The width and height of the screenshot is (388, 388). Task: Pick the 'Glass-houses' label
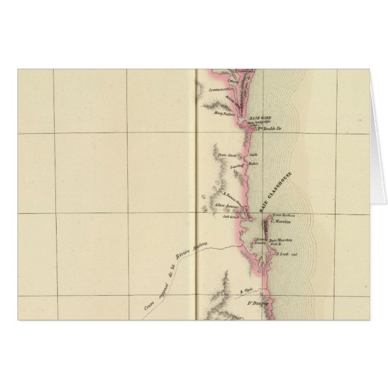(x=227, y=205)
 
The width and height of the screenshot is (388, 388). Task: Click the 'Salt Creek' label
(x=232, y=215)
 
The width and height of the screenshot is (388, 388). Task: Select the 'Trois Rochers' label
(x=282, y=215)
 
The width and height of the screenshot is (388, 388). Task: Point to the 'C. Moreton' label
(x=281, y=221)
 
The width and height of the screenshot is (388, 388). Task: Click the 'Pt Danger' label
(x=258, y=304)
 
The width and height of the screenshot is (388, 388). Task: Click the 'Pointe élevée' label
(x=228, y=155)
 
